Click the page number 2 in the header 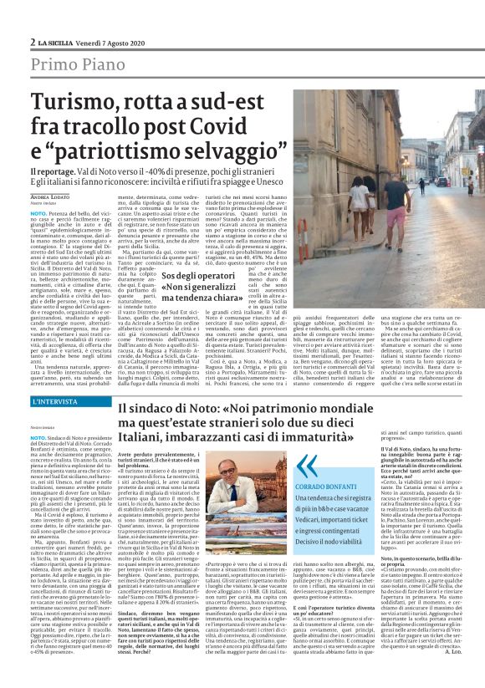click(x=33, y=42)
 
